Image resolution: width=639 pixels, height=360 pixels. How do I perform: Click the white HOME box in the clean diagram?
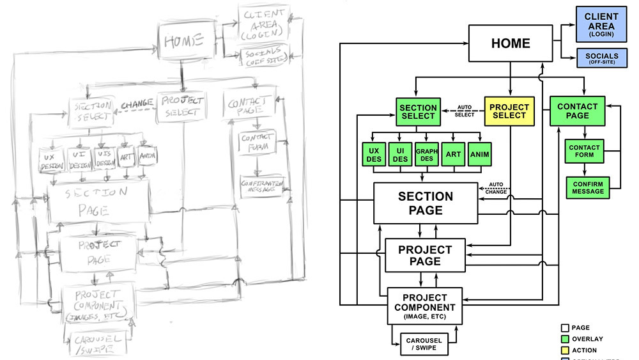tap(510, 43)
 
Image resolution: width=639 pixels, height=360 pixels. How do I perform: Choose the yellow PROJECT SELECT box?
tap(510, 111)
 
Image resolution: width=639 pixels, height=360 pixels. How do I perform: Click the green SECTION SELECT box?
tap(417, 111)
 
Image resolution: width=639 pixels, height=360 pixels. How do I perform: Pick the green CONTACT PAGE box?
tap(578, 111)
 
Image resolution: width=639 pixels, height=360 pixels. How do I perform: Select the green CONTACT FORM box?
tap(584, 150)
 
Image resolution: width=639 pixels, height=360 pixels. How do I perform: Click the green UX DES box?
tap(373, 154)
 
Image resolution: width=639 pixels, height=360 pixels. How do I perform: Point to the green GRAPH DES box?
tap(427, 154)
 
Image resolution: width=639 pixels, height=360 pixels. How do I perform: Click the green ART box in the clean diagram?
tap(454, 154)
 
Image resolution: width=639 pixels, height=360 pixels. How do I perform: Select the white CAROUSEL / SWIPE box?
tap(424, 344)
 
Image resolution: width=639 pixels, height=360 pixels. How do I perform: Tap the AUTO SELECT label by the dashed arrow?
tap(465, 111)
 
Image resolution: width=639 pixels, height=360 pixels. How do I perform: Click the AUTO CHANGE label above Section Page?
tap(496, 188)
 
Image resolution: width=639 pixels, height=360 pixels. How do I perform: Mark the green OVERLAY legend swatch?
tap(565, 339)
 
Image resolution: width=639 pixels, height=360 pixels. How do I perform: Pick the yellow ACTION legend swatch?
tap(565, 350)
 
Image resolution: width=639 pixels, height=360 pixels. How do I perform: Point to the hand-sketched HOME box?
tap(184, 42)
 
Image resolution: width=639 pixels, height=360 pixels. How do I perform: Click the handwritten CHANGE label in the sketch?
tap(135, 103)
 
